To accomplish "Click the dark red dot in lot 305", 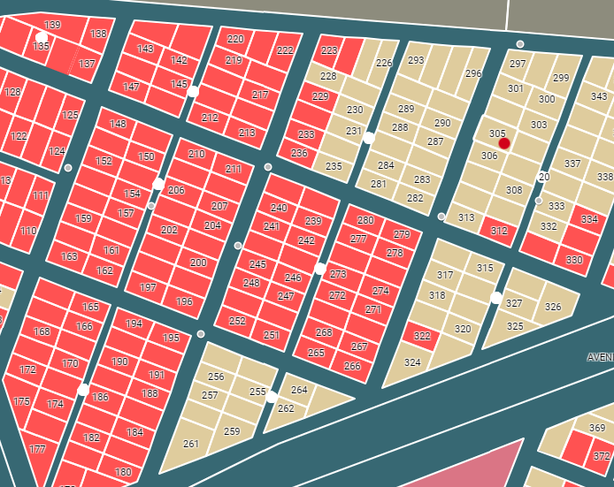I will (x=504, y=143).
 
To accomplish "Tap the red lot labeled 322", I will (x=421, y=336).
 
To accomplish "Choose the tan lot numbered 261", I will (x=191, y=444).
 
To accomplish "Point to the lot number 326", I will (x=553, y=307).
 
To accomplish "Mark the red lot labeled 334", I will (x=589, y=218).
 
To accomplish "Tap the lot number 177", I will (x=37, y=449).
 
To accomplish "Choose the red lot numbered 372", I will (x=601, y=456).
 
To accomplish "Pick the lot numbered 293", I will (x=416, y=61).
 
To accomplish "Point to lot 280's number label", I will (x=365, y=221).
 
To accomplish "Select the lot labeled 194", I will (x=134, y=323).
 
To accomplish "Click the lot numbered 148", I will (x=119, y=124).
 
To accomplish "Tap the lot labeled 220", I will (x=235, y=39).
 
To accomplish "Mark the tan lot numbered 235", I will (x=334, y=165).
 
